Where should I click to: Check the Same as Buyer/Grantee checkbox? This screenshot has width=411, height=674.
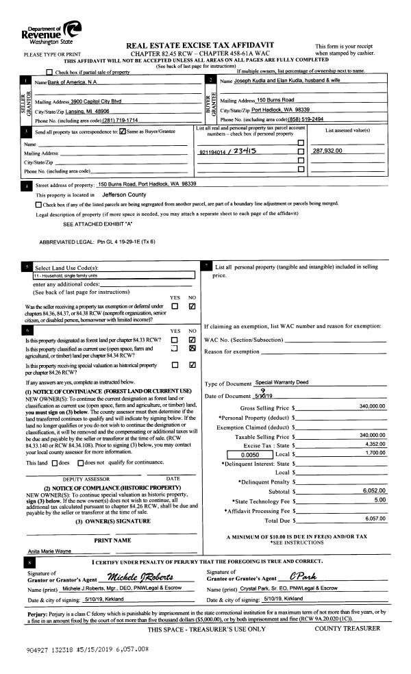coord(123,132)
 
